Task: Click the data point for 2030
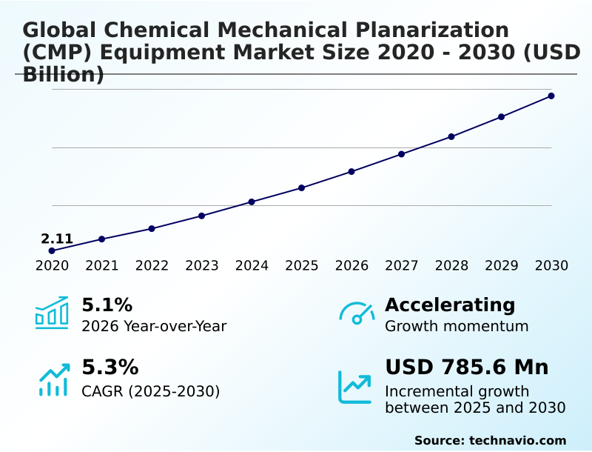551,96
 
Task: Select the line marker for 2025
301,187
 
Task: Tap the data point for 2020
52,250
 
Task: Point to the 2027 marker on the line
401,154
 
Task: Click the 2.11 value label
57,239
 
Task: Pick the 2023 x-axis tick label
201,265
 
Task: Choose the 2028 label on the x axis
451,265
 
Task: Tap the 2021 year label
101,265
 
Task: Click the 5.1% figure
107,305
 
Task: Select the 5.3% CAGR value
110,367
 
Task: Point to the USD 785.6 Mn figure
466,367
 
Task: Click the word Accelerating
450,305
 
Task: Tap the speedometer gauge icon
357,313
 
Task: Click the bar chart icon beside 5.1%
52,313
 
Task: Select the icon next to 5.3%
53,379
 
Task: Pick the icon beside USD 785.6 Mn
355,387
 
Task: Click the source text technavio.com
517,440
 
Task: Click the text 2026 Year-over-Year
154,326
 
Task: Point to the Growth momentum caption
457,326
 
